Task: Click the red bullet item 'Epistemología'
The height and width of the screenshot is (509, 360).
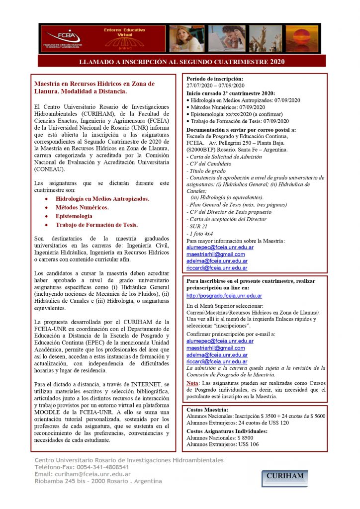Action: [74, 216]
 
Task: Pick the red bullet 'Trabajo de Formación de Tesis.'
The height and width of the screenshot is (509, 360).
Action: [96, 225]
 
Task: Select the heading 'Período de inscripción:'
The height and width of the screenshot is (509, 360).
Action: [215, 79]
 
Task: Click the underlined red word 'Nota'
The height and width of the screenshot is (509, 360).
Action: [192, 383]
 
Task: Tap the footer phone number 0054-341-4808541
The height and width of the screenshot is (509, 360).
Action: [89, 467]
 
